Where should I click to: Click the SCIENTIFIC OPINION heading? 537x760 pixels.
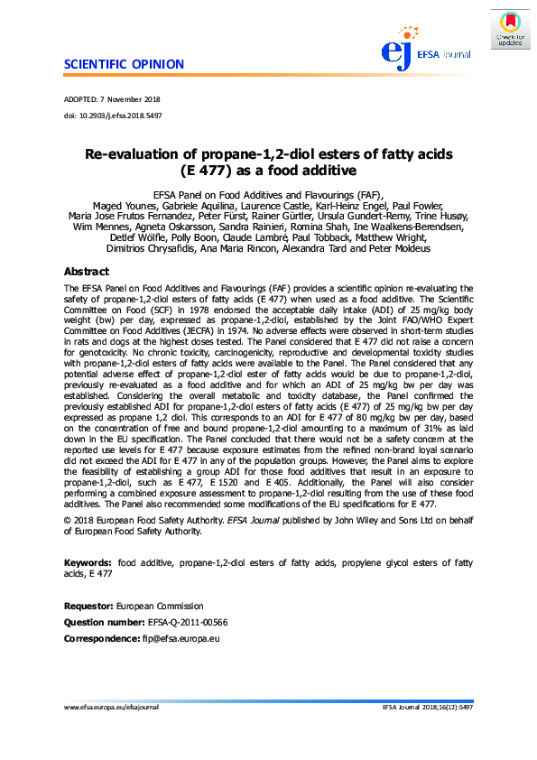pyautogui.click(x=125, y=64)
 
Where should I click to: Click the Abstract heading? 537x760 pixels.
pyautogui.click(x=87, y=272)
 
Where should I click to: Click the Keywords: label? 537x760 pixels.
pyautogui.click(x=88, y=562)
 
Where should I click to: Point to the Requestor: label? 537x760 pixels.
pyautogui.click(x=88, y=607)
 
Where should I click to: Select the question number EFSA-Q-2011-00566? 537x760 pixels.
pyautogui.click(x=187, y=623)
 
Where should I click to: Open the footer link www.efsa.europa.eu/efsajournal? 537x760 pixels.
pyautogui.click(x=111, y=708)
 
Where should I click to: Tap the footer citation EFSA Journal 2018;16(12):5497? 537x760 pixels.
pyautogui.click(x=428, y=708)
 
